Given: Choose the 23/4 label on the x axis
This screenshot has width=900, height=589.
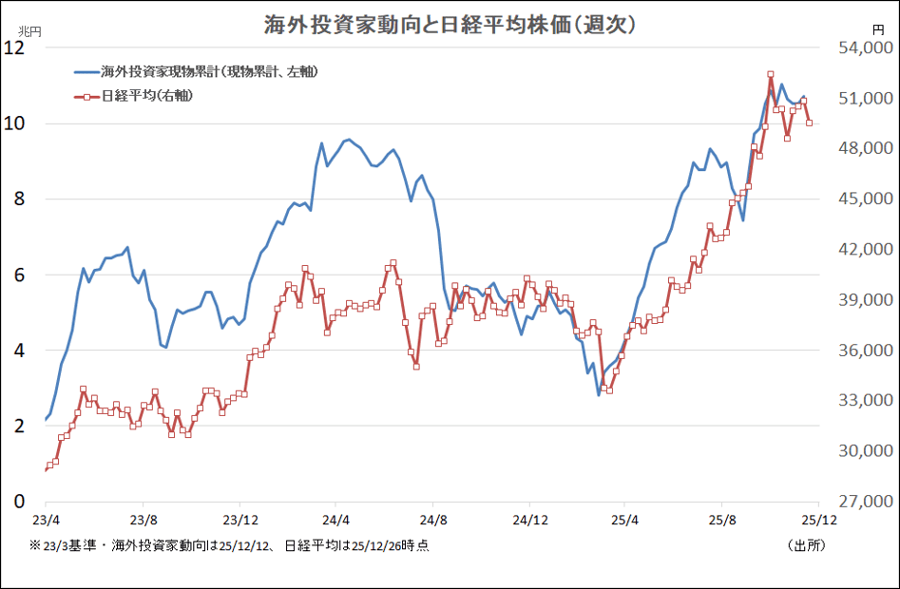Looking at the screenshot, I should coord(46,520).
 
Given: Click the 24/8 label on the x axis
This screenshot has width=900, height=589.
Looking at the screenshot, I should coord(432,520).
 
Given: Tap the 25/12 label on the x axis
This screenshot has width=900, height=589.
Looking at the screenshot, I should coord(818,520).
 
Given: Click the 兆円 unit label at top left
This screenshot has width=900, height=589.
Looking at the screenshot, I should coord(31,31).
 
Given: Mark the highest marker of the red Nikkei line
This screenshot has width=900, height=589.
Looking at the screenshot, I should coord(771,74).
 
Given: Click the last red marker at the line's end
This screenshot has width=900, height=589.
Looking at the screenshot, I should coord(809,123).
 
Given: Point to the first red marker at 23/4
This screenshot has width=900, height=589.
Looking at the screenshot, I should coord(46,469).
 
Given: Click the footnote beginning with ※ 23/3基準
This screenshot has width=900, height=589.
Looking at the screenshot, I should coord(228,545).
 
